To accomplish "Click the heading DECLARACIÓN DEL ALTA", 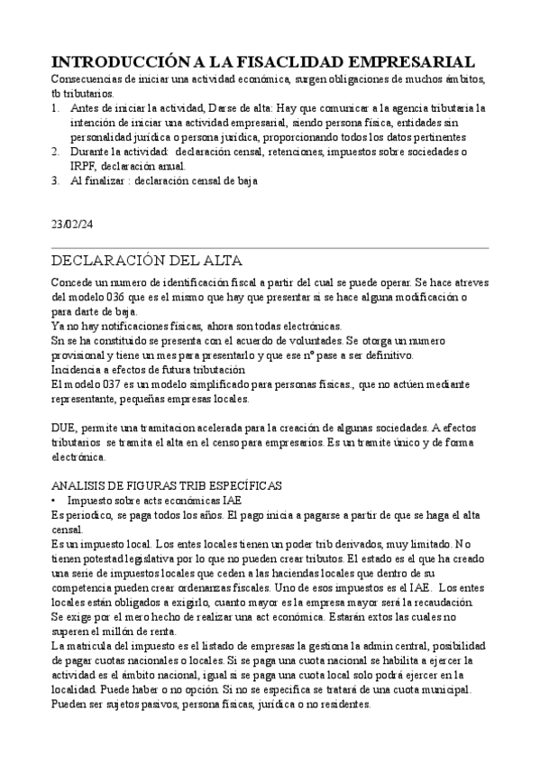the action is (146, 261).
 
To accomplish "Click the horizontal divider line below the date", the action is (270, 247).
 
